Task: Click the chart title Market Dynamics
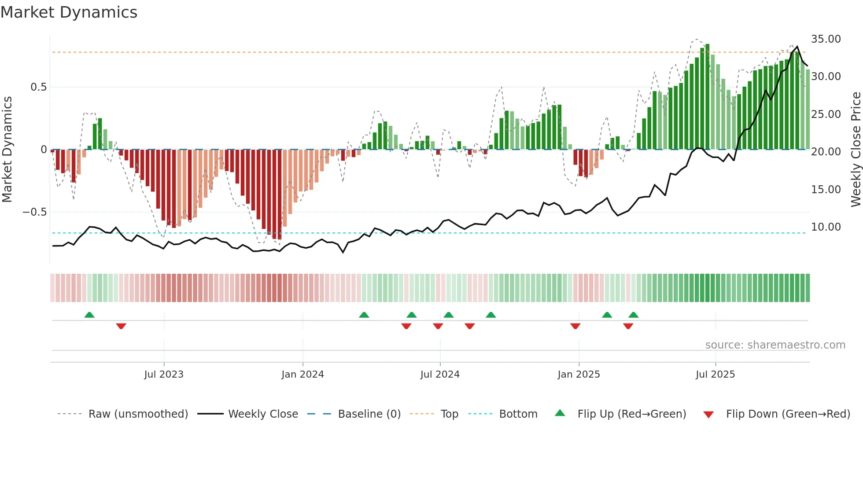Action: tap(69, 12)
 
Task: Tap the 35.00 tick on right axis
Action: tap(826, 39)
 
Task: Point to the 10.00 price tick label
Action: tap(826, 227)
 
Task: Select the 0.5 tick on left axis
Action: tap(38, 87)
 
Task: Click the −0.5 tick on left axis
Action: tap(34, 212)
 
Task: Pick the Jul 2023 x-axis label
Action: tap(163, 375)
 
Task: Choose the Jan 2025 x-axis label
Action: tap(578, 375)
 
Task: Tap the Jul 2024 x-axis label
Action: tap(439, 375)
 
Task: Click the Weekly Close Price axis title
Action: tap(856, 150)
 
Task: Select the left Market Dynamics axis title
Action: tap(7, 150)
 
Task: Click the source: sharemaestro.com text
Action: tap(775, 345)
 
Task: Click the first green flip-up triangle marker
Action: tap(89, 315)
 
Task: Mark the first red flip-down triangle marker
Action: tap(121, 326)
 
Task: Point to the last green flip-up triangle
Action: tap(633, 315)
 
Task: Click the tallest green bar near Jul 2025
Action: tap(707, 97)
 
